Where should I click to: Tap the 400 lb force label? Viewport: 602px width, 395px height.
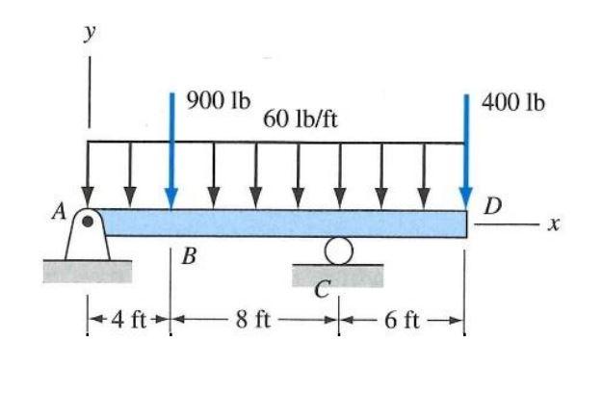(513, 100)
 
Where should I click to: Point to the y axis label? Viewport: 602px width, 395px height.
(88, 34)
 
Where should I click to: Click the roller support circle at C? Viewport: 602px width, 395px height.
(337, 251)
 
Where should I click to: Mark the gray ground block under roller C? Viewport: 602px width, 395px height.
(337, 275)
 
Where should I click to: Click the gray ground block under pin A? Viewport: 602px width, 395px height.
(87, 271)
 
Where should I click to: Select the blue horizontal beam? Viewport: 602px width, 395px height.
(289, 224)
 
